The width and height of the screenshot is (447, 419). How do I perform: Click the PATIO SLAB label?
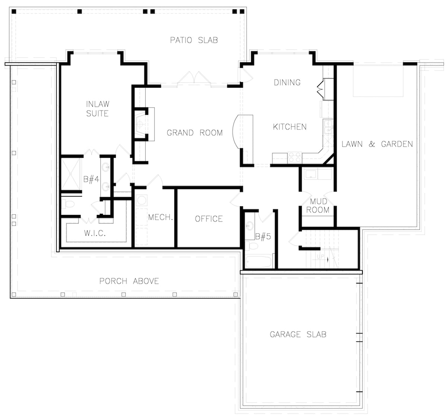pyautogui.click(x=194, y=40)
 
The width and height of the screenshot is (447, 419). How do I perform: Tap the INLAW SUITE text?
pyautogui.click(x=98, y=109)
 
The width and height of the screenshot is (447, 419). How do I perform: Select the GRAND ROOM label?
pyautogui.click(x=194, y=132)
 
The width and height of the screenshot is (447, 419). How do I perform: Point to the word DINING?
pyautogui.click(x=287, y=82)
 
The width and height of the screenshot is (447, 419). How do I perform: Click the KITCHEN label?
pyautogui.click(x=290, y=127)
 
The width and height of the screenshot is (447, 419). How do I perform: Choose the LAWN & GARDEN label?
pyautogui.click(x=377, y=144)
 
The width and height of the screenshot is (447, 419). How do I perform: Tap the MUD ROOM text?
pyautogui.click(x=318, y=206)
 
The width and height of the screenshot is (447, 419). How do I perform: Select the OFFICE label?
pyautogui.click(x=209, y=219)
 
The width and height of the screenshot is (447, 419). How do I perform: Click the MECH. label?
pyautogui.click(x=161, y=217)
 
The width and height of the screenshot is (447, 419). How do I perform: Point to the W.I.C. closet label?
pyautogui.click(x=95, y=234)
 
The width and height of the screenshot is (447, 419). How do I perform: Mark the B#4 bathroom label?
pyautogui.click(x=91, y=179)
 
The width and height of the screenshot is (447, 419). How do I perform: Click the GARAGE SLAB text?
pyautogui.click(x=298, y=334)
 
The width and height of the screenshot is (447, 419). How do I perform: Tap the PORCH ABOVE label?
pyautogui.click(x=129, y=281)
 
